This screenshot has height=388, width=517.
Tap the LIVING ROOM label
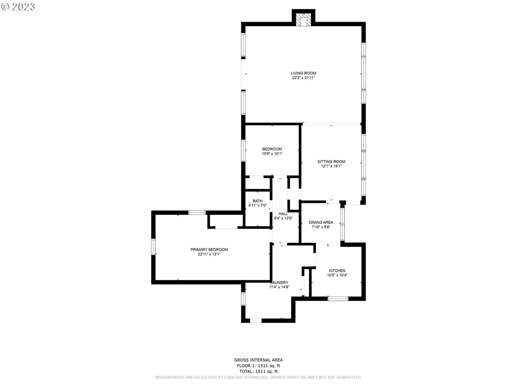coord(303,73)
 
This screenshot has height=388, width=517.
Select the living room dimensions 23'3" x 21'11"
coord(303,78)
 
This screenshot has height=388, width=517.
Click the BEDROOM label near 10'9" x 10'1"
coord(272,149)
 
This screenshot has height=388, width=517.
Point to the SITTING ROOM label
coord(331,162)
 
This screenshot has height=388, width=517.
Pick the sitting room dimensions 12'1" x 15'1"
coord(331,166)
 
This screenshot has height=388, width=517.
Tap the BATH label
coord(257,201)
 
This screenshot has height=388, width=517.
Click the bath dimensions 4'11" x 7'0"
coord(257,206)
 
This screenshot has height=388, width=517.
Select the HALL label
coord(283,214)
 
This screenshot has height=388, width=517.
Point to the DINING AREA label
coord(321,223)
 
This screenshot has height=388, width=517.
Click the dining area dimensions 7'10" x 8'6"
coord(321,227)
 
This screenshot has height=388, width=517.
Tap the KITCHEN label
coord(337,271)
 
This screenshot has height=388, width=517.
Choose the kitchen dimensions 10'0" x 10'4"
coord(337,275)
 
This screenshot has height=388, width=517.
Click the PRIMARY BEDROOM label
coord(209,250)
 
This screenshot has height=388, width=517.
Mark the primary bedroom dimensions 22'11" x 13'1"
coord(209,254)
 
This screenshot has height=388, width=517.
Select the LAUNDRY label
coord(279,283)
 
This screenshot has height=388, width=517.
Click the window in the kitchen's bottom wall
coord(338,299)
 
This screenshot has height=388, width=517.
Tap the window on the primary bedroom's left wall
coord(153,247)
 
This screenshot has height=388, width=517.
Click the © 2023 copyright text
coord(18,7)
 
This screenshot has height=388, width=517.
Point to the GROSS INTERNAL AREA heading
coord(258,360)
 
